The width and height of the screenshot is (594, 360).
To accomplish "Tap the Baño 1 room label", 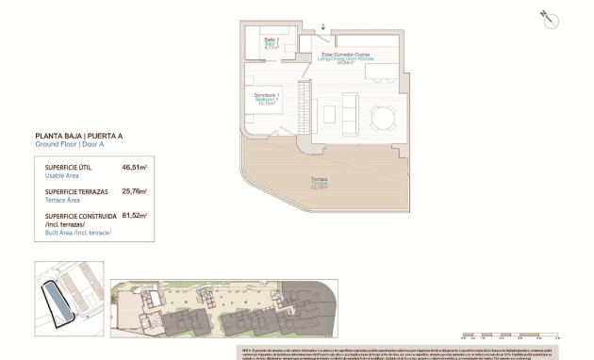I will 271,41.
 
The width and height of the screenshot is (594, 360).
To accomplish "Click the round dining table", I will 382,117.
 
